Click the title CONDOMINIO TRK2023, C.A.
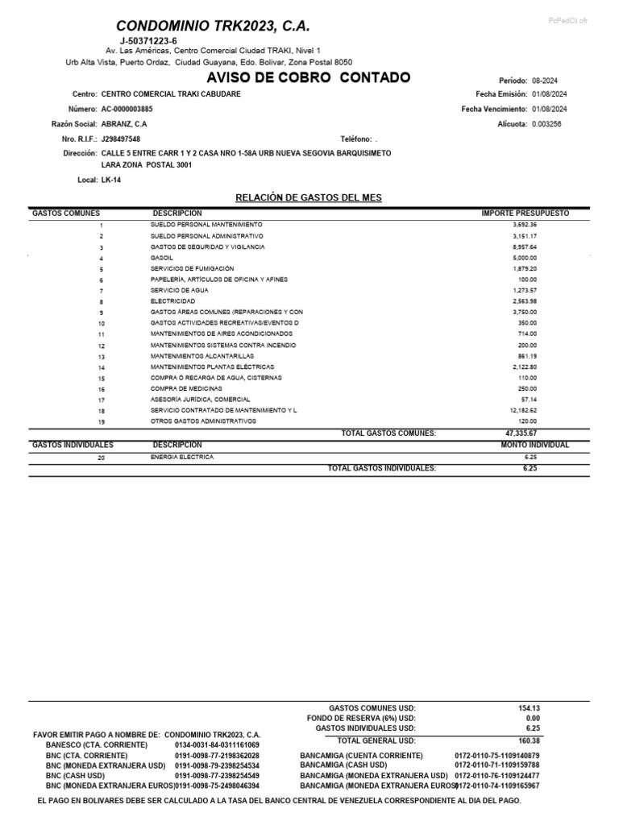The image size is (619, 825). click(212, 27)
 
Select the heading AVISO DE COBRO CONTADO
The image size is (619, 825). click(309, 77)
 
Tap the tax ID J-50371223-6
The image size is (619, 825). click(148, 40)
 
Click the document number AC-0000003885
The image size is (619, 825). click(127, 109)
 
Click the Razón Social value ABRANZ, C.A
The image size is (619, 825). click(124, 124)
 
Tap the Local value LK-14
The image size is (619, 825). click(112, 180)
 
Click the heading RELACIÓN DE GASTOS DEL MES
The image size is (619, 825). click(308, 197)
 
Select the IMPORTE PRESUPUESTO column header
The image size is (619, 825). click(525, 213)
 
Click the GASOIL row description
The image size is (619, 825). click(161, 258)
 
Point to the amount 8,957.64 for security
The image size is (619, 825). click(524, 247)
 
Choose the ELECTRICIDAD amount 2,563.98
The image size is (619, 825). click(524, 301)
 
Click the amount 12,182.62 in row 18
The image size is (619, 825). click(523, 410)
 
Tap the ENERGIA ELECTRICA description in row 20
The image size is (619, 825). click(181, 456)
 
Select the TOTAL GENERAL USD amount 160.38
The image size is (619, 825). click(529, 740)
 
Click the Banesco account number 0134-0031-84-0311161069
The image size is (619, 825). click(217, 745)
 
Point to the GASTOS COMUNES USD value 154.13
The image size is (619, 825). click(529, 708)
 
